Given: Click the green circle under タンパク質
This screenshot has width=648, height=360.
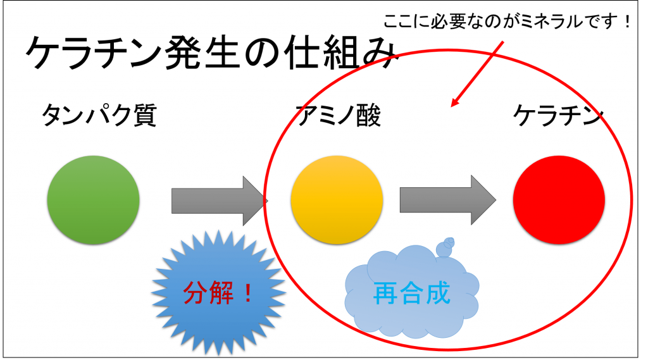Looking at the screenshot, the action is point(94,200).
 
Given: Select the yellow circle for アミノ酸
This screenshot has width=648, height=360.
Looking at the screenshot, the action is point(337,200).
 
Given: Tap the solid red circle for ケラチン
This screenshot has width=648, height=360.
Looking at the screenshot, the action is point(559,200).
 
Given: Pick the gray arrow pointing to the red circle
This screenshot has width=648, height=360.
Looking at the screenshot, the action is point(448,200).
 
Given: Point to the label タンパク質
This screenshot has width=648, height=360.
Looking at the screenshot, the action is point(99,115).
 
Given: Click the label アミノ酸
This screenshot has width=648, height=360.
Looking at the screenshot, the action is point(339,115).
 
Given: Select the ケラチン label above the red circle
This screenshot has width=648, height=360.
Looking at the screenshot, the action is point(559,115).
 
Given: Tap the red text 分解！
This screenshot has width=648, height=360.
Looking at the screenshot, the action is point(218,293).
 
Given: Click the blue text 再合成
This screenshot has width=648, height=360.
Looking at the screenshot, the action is point(411,293).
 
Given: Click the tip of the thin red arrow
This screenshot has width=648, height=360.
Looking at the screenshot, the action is point(451,106).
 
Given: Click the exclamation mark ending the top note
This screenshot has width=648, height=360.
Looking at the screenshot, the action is point(628,22).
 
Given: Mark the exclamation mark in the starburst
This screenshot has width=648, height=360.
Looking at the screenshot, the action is point(248,293).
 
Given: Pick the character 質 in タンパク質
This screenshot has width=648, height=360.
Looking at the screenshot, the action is point(144,115).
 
